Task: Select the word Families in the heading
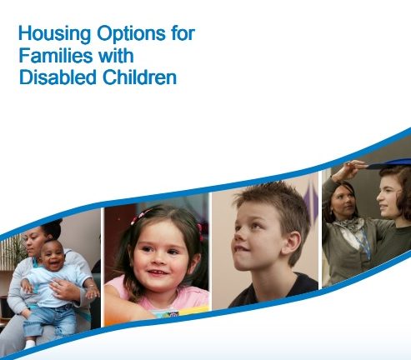tap(56, 55)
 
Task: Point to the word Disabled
tap(58, 77)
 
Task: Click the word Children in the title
tap(139, 77)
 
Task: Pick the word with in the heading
tap(116, 55)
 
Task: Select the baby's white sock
tap(29, 344)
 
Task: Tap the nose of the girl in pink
tap(158, 261)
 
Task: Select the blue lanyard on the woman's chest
tap(366, 244)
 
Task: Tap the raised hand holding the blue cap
tap(348, 169)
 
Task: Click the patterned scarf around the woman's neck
tap(348, 227)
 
